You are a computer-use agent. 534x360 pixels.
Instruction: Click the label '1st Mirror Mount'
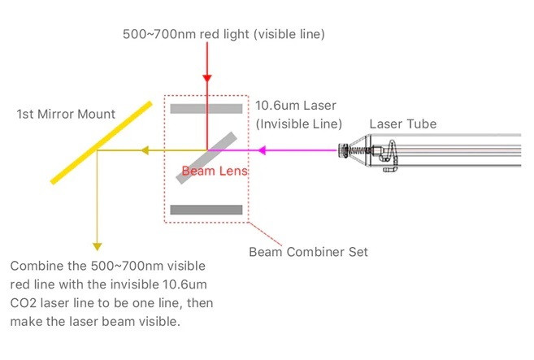click(x=67, y=115)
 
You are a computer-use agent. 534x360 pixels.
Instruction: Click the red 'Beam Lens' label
click(x=215, y=171)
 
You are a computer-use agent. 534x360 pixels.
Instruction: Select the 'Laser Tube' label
click(x=402, y=124)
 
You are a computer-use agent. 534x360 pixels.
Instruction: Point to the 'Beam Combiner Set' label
click(x=308, y=252)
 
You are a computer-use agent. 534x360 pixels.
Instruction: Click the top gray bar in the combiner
click(x=206, y=108)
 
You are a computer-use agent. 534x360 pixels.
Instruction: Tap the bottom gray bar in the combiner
click(x=206, y=210)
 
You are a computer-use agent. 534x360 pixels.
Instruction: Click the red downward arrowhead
click(x=208, y=78)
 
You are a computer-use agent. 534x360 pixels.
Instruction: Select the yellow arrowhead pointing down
click(x=98, y=245)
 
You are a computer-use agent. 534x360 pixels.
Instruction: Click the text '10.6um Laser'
click(x=295, y=106)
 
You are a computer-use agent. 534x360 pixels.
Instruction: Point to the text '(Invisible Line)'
click(x=298, y=124)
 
